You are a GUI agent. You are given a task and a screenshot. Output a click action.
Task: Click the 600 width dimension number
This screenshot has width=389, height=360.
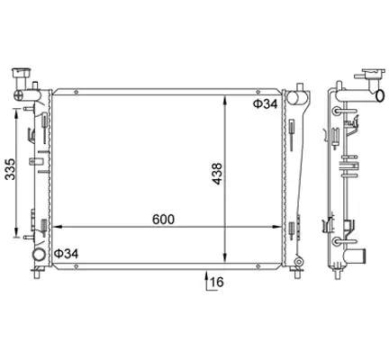(163, 220)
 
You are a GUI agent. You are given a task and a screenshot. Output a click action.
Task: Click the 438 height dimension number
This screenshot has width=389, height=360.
(216, 174)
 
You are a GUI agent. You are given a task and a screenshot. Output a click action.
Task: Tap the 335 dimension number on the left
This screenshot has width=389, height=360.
(11, 169)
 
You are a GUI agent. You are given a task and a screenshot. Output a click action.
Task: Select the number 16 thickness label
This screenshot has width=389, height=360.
(217, 282)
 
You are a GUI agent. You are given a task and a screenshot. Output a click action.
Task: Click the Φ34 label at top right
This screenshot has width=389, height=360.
(266, 103)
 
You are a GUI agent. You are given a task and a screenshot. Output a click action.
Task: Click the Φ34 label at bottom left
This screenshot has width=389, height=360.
(66, 254)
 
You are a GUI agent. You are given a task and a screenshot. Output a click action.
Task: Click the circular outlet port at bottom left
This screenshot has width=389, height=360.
(39, 255)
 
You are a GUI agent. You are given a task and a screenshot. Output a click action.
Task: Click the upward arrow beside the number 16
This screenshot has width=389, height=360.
(206, 281)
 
